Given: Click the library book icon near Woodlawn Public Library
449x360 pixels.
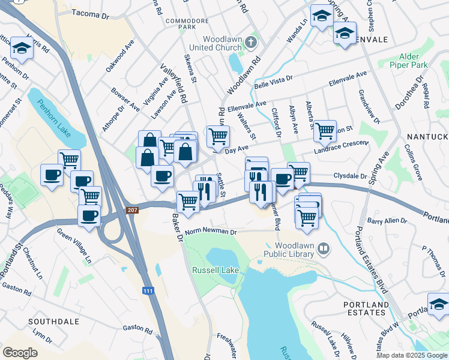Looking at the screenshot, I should [x=324, y=247].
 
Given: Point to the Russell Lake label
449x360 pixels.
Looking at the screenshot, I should [x=215, y=270].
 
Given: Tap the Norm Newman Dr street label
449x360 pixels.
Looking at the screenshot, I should [x=211, y=232].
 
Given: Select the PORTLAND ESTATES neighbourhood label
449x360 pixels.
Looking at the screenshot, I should [x=366, y=308].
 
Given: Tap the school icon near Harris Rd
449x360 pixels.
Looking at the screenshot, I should [x=22, y=48].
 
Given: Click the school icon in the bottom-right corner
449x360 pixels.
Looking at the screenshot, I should [x=438, y=304].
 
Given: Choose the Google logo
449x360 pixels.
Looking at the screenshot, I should [x=20, y=353].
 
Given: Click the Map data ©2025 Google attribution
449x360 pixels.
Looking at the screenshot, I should [x=412, y=355].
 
